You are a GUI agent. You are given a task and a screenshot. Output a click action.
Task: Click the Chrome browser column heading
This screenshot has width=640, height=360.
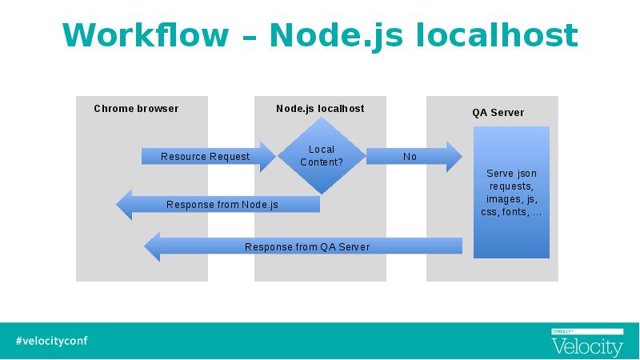(136, 108)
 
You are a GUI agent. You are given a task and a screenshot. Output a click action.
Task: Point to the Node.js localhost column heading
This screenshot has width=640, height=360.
(320, 108)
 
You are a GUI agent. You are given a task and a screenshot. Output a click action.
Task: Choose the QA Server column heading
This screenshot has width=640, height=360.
(498, 113)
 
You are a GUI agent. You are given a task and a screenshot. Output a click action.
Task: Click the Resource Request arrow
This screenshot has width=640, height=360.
(206, 157)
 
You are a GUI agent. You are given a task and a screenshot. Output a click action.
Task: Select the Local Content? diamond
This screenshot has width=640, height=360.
(321, 156)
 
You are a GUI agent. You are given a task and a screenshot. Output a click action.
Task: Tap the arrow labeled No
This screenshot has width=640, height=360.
(410, 157)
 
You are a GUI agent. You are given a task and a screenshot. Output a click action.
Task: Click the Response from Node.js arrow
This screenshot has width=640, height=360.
(222, 205)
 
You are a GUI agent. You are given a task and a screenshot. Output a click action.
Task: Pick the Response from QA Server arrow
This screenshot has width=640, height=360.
(307, 246)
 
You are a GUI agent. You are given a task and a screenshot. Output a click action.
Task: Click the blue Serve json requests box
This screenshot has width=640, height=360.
(511, 193)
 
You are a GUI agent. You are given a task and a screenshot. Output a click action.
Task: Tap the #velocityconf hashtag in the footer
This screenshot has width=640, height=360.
(51, 341)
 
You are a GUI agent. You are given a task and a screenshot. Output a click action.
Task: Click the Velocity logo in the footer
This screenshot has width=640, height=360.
(586, 344)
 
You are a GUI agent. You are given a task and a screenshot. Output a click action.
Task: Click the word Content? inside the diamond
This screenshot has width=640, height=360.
(321, 162)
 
